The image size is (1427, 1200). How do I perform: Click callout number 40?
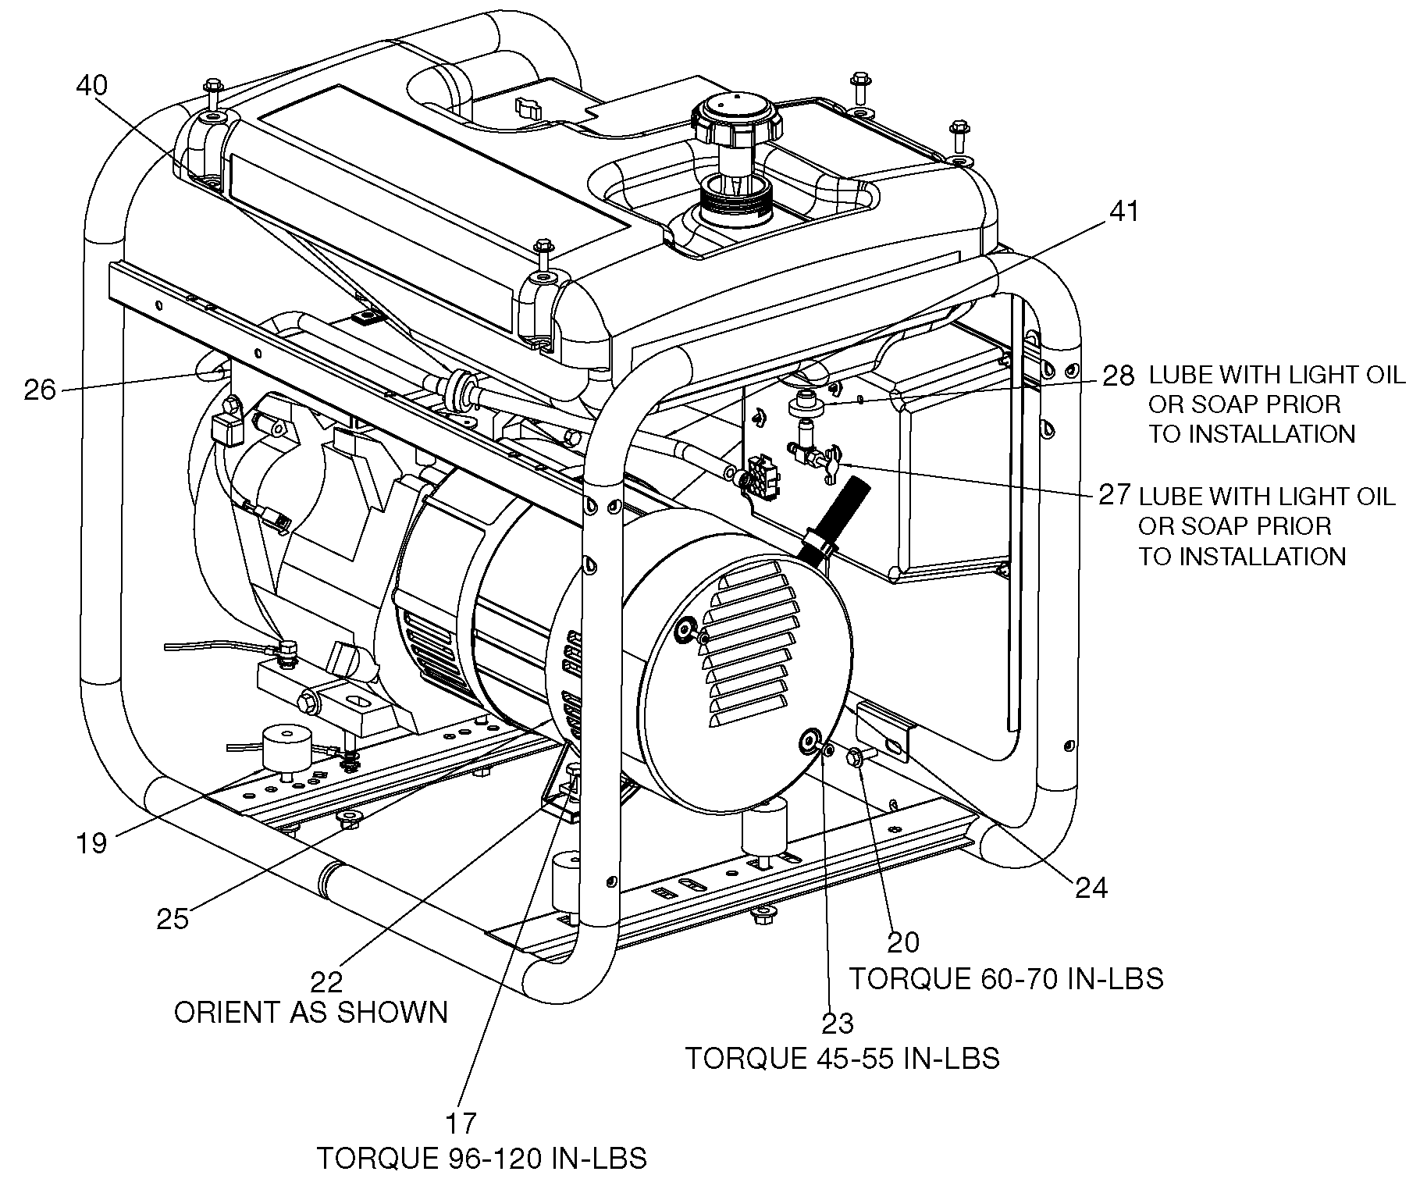92,85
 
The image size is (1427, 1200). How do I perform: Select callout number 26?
40,389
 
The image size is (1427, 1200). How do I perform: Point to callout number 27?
1115,494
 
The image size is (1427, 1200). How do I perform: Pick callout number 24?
1091,887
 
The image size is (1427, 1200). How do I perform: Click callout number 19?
91,842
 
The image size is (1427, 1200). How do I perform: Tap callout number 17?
461,1123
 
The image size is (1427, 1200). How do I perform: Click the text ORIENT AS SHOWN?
311,1013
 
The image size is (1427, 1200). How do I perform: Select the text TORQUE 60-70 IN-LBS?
1006,978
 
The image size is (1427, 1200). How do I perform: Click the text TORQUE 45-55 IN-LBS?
842,1058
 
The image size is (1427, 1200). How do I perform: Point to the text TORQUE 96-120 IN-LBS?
482,1158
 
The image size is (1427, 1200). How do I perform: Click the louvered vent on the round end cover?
749,643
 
